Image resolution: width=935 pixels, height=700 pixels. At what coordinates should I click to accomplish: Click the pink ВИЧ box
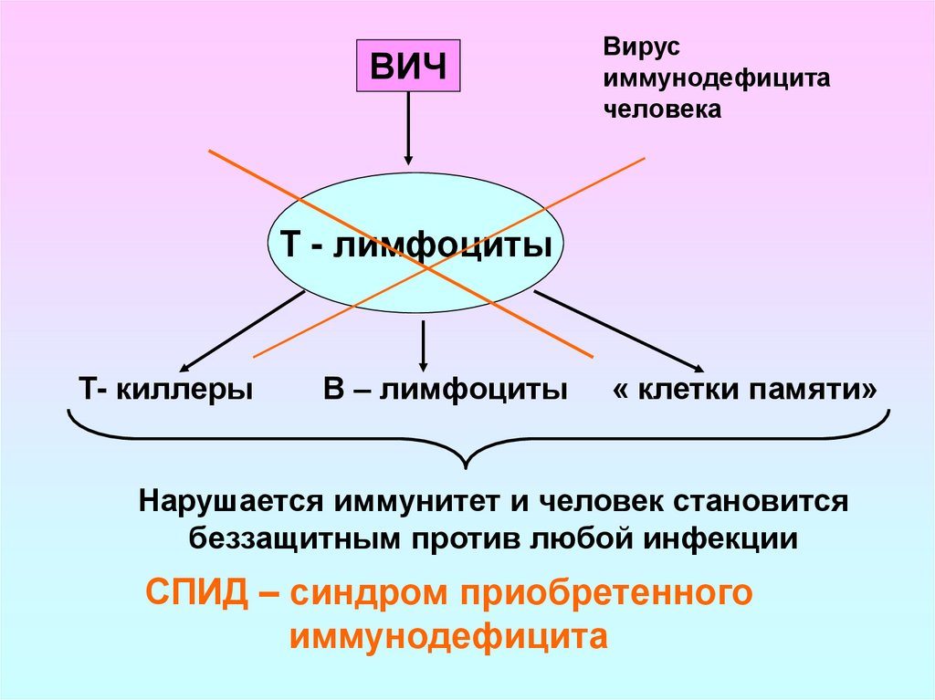[x=407, y=68]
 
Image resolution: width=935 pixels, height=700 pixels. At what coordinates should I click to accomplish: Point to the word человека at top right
[x=662, y=110]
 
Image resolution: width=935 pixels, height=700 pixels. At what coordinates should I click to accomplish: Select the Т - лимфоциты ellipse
[x=415, y=245]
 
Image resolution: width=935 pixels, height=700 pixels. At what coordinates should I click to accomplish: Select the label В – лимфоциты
[x=445, y=390]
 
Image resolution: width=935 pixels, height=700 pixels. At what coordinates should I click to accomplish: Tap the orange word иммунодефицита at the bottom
[x=448, y=635]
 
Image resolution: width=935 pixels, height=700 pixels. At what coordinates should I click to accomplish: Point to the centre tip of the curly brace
[x=467, y=467]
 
